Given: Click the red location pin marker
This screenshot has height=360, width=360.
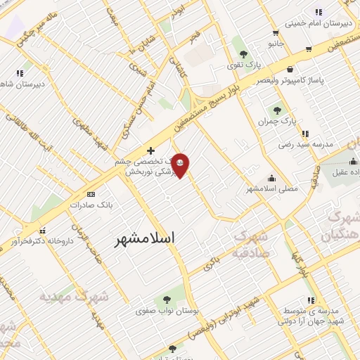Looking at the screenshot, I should [181, 165].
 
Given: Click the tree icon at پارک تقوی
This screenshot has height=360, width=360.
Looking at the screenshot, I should [243, 53].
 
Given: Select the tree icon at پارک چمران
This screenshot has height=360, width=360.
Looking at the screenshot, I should [276, 110].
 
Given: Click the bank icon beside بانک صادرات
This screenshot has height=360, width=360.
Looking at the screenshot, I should [91, 193].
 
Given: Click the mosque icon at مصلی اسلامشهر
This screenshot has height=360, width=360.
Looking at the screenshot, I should [271, 178].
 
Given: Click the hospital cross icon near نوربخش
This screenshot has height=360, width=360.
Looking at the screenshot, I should [150, 150].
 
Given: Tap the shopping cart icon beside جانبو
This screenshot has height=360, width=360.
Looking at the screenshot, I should [308, 49].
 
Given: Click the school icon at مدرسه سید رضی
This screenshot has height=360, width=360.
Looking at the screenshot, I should [304, 133].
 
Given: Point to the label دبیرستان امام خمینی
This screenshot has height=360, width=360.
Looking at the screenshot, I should [321, 22].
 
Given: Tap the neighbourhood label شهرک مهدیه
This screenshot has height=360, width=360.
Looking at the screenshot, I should [75, 297].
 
